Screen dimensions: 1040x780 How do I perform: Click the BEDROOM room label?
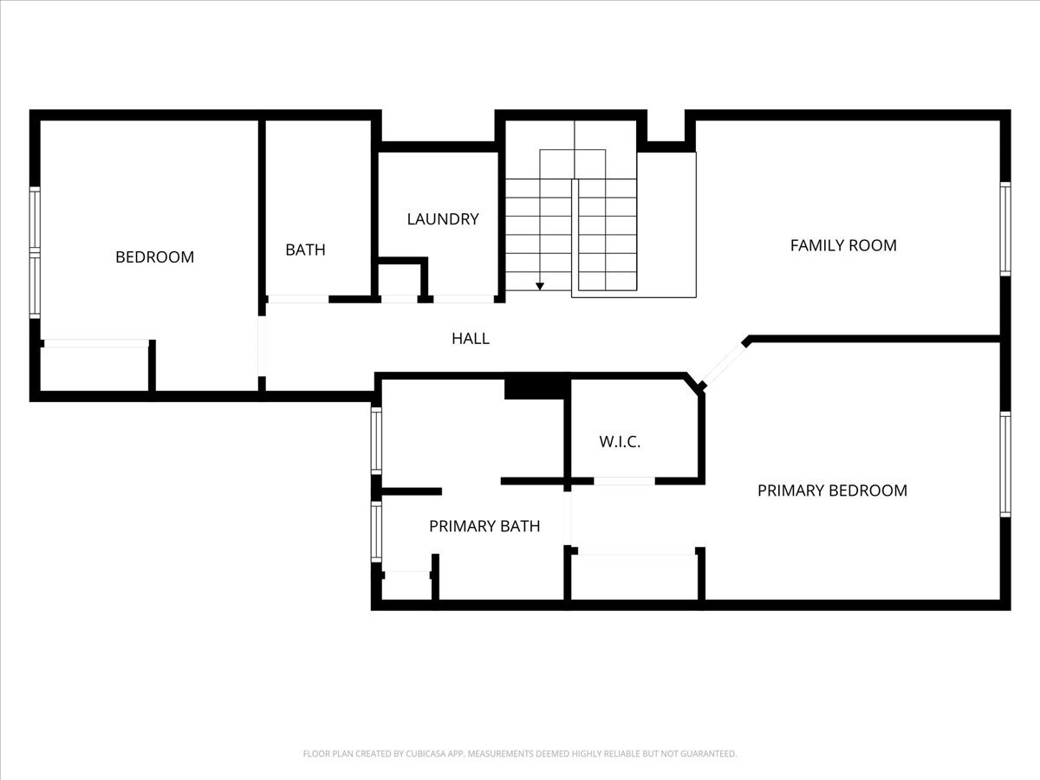coord(154,257)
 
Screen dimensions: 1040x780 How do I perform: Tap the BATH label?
coord(305,250)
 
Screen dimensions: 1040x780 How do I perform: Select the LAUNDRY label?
coord(443,218)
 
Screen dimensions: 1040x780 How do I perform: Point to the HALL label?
coord(470,338)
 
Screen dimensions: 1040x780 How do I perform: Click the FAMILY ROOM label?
coord(843,245)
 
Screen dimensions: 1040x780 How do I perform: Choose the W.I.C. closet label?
coord(620,442)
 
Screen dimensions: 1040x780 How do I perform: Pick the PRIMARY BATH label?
coord(484,526)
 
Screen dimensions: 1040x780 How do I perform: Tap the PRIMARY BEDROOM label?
coord(832,491)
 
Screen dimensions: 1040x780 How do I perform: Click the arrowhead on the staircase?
coord(540,287)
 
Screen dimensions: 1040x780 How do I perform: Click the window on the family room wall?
coord(1005,229)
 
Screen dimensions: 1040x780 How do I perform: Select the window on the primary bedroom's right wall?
coord(1005,465)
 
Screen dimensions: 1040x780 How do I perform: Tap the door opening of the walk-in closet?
coord(625,481)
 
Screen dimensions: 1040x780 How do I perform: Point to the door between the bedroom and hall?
coord(262,346)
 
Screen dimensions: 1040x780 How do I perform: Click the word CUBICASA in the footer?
coord(426,753)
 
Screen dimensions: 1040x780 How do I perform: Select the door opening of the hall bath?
coord(298,299)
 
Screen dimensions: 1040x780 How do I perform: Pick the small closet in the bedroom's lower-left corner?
coord(94,369)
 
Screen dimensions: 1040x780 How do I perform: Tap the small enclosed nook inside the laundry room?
coord(400,279)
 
